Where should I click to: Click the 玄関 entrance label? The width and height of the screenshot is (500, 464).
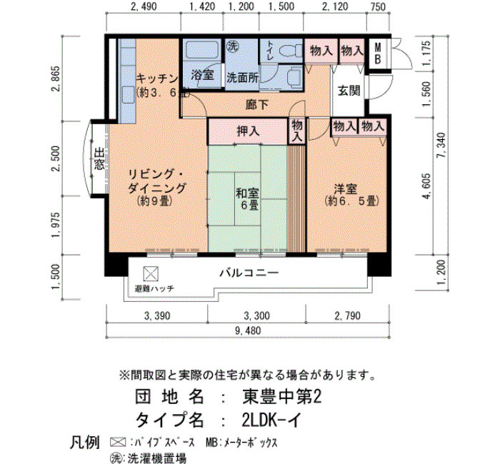[349, 91]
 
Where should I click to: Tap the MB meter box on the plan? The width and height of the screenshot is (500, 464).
[378, 54]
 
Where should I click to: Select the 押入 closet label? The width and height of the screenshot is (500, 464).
[248, 131]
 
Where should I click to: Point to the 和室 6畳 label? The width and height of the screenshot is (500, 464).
[247, 199]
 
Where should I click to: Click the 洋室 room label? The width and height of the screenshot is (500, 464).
[345, 189]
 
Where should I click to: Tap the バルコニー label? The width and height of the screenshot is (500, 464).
[249, 273]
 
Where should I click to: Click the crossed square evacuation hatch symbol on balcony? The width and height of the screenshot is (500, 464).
[151, 274]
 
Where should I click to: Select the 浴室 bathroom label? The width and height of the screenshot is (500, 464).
[202, 75]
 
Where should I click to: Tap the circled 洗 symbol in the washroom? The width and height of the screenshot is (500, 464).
[232, 46]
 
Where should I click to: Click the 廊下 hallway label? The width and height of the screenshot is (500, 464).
[256, 104]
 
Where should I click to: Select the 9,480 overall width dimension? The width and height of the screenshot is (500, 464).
[248, 331]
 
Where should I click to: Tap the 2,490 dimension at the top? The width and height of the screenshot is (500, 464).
[144, 6]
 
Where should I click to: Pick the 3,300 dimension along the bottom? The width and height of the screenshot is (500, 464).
[256, 316]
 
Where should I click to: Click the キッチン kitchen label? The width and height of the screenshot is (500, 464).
[157, 78]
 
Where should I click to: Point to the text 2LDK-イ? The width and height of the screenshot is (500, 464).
[271, 420]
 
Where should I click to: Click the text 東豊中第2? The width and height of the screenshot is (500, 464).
[282, 397]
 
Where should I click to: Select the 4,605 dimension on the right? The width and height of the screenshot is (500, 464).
[426, 186]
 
